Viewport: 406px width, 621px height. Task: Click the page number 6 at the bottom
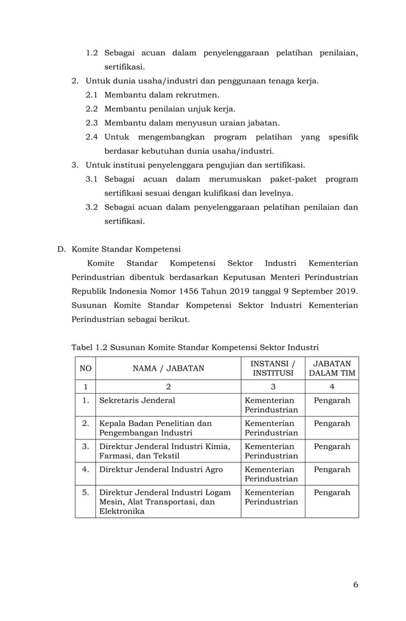pyautogui.click(x=355, y=584)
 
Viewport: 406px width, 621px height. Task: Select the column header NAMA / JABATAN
pyautogui.click(x=168, y=368)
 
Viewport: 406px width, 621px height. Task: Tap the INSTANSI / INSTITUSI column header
pyautogui.click(x=272, y=368)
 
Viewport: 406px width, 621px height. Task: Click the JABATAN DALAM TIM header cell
pyautogui.click(x=331, y=368)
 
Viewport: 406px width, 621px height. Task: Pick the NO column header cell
pyautogui.click(x=84, y=368)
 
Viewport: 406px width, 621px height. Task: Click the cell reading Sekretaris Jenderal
pyautogui.click(x=137, y=401)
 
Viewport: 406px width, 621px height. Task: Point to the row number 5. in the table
pyautogui.click(x=85, y=492)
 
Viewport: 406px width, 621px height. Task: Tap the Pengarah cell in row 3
pyautogui.click(x=332, y=446)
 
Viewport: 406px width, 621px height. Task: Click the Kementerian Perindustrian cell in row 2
pyautogui.click(x=271, y=429)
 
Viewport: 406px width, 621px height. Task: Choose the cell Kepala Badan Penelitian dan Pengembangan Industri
pyautogui.click(x=155, y=429)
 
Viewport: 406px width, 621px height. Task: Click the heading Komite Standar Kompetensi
pyautogui.click(x=127, y=249)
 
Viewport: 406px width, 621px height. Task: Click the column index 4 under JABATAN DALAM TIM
pyautogui.click(x=332, y=386)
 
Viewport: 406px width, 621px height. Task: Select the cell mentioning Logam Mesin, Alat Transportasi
pyautogui.click(x=164, y=501)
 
